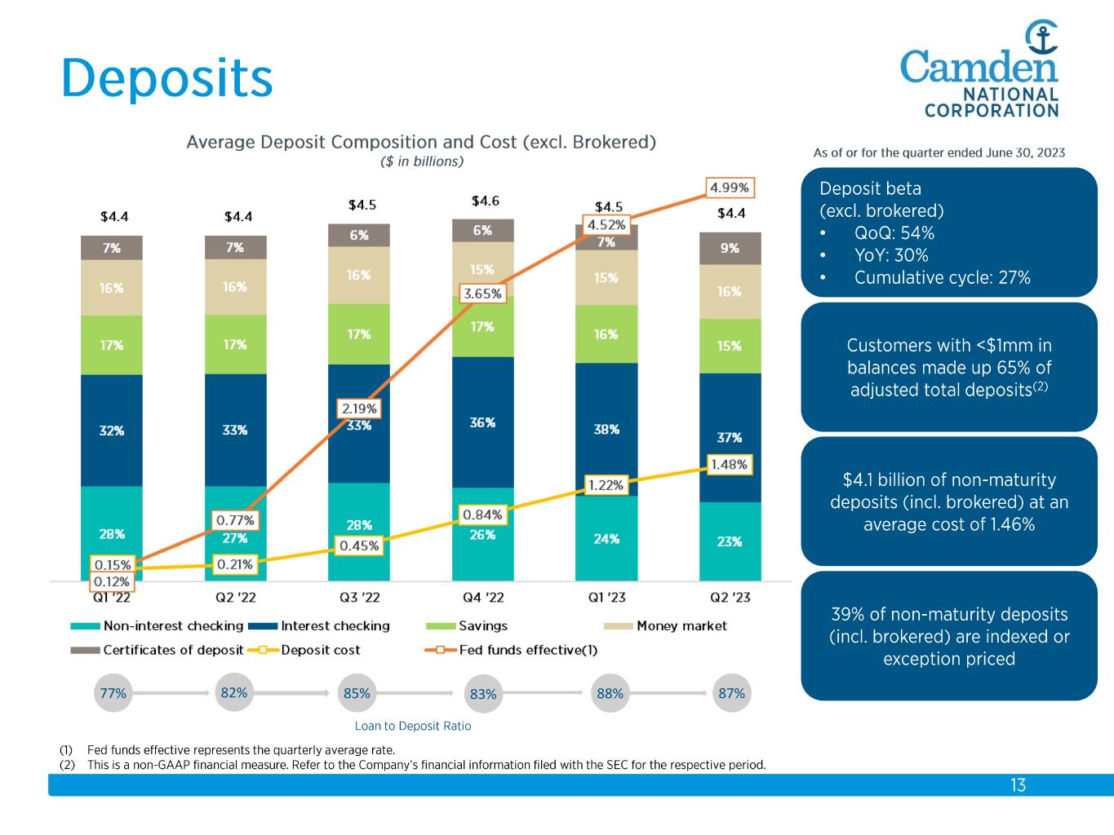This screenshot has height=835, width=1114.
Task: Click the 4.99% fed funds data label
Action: coord(729,188)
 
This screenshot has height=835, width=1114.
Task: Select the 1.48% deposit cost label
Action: coord(729,464)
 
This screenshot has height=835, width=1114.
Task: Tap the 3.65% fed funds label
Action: coord(482,294)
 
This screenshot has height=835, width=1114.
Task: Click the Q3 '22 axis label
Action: coord(358,598)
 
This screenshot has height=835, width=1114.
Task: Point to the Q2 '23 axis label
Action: coord(730,598)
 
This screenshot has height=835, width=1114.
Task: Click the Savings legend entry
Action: coord(482,626)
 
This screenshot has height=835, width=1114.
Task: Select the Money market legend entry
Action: coord(681,626)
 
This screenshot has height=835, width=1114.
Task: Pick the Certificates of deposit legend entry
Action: coord(173,650)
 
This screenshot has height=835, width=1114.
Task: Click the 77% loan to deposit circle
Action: coord(113,693)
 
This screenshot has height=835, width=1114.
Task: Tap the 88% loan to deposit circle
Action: coord(610,693)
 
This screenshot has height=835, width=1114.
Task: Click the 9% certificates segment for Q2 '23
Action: coord(730,248)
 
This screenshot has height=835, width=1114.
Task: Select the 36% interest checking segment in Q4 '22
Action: coord(482,422)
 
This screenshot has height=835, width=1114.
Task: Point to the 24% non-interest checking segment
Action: coord(606,538)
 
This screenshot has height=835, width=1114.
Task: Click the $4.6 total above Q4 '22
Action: coord(485,201)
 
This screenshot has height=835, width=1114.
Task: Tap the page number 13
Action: coord(1018,785)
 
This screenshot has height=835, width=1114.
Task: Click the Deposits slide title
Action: coord(166,78)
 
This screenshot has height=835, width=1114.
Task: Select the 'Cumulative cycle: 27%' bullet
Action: coord(942,278)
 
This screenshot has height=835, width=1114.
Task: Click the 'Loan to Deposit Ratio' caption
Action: coord(413,726)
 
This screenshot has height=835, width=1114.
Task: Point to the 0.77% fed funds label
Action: coord(235,519)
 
